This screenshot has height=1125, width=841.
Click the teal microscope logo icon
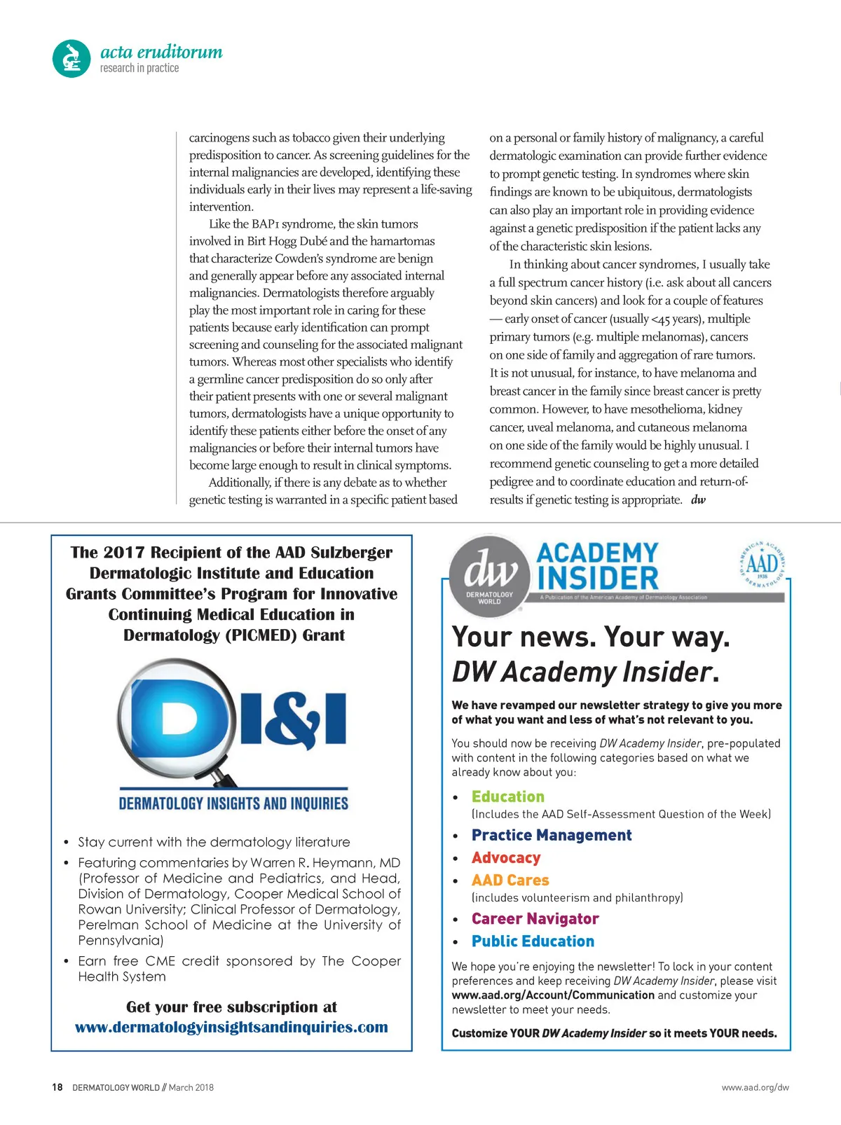click(71, 58)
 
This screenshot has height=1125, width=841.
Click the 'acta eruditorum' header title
click(161, 52)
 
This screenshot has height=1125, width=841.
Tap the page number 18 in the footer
click(57, 1087)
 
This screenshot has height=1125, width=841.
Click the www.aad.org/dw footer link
click(755, 1087)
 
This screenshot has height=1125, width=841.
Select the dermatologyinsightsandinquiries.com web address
click(231, 1027)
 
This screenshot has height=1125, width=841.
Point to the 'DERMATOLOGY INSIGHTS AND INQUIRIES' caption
click(233, 803)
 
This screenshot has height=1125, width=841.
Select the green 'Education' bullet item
click(507, 796)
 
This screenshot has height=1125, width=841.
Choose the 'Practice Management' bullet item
click(552, 835)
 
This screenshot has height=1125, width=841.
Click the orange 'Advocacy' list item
click(506, 857)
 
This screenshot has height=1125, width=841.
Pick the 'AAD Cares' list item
click(510, 880)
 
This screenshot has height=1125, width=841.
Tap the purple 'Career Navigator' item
click(535, 918)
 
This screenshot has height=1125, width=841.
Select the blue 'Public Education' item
click(533, 941)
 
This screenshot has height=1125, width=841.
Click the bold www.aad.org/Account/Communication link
click(553, 995)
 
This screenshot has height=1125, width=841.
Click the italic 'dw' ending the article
click(698, 499)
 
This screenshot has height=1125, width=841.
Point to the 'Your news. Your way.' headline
click(591, 637)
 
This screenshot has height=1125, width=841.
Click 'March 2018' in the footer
click(191, 1087)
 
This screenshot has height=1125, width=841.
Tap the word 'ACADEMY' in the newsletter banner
click(598, 553)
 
